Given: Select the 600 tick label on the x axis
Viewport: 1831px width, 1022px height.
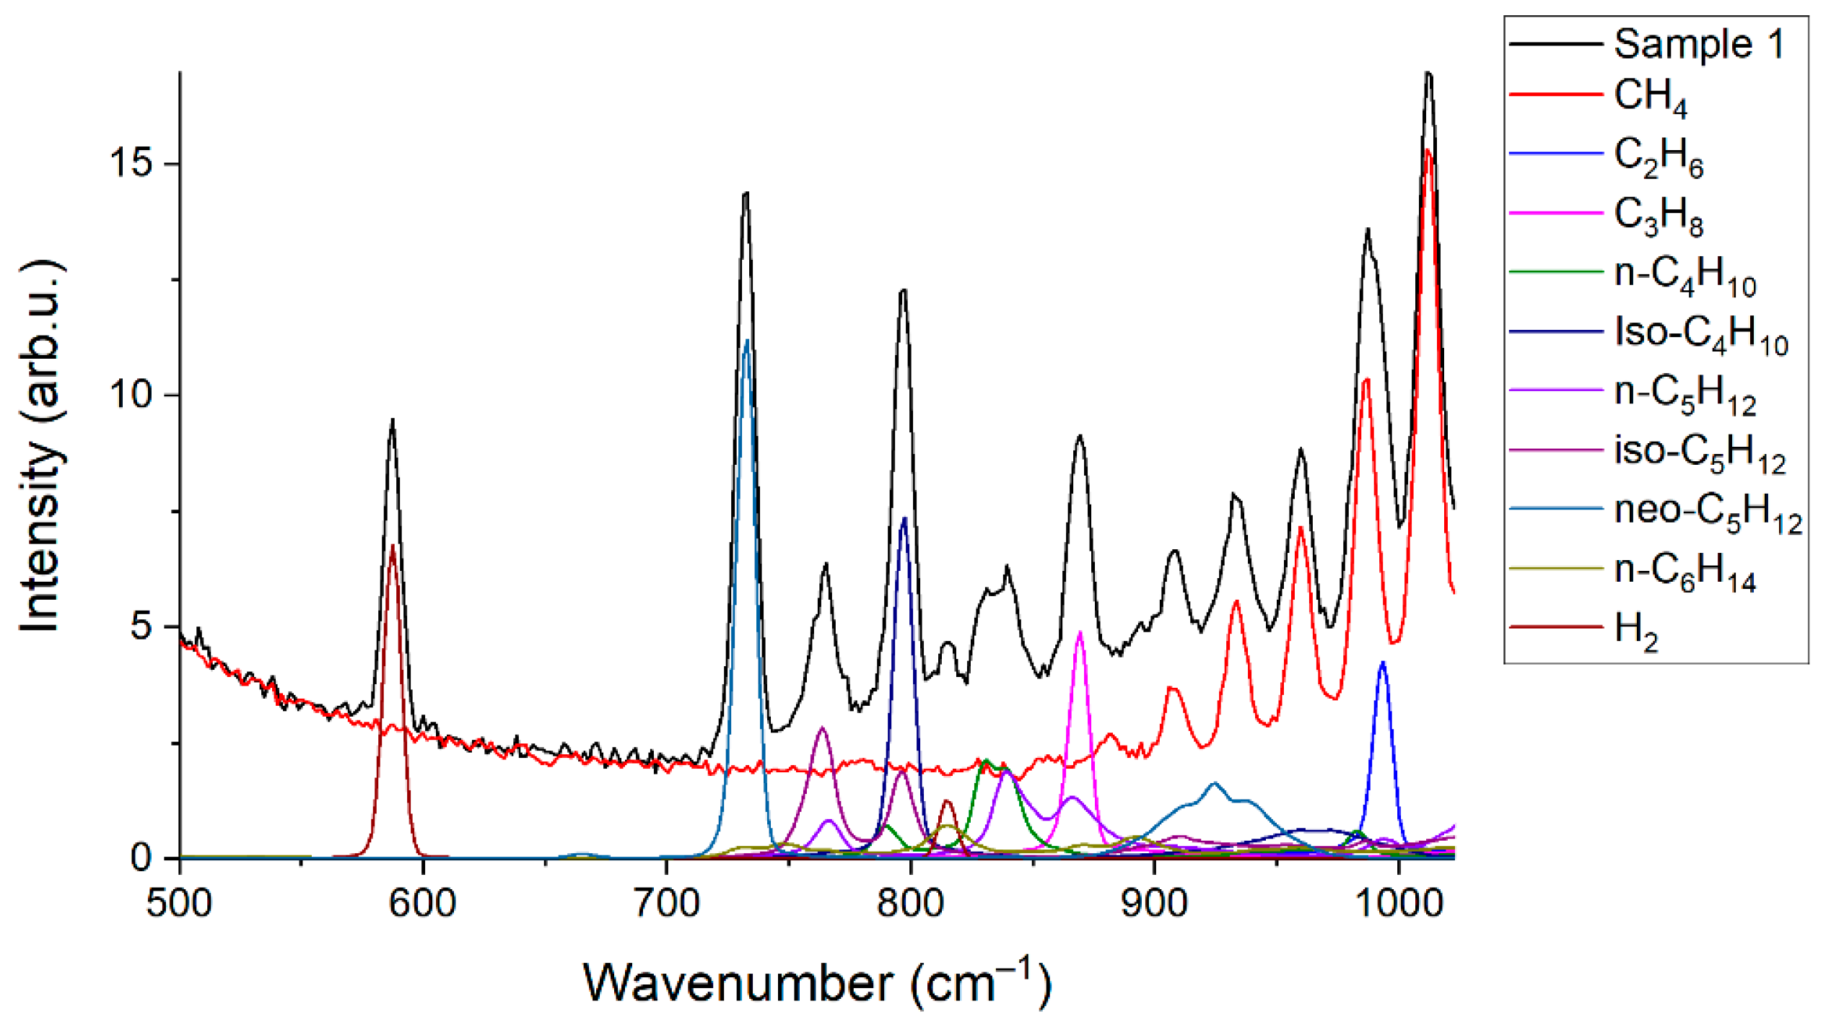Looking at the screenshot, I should click(423, 903).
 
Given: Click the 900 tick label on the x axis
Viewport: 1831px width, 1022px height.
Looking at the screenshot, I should click(1155, 903).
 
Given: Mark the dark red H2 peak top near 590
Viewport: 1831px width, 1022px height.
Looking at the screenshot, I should click(393, 546).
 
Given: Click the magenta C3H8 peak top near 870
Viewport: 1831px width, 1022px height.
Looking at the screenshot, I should click(1080, 633).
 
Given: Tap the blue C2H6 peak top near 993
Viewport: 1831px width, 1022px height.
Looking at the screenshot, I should click(1383, 663).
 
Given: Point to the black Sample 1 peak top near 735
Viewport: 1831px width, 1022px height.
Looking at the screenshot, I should click(746, 193).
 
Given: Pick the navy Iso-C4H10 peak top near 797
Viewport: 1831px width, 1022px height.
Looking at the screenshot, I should click(904, 518).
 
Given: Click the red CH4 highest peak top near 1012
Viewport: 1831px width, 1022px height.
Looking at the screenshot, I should click(1428, 150).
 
